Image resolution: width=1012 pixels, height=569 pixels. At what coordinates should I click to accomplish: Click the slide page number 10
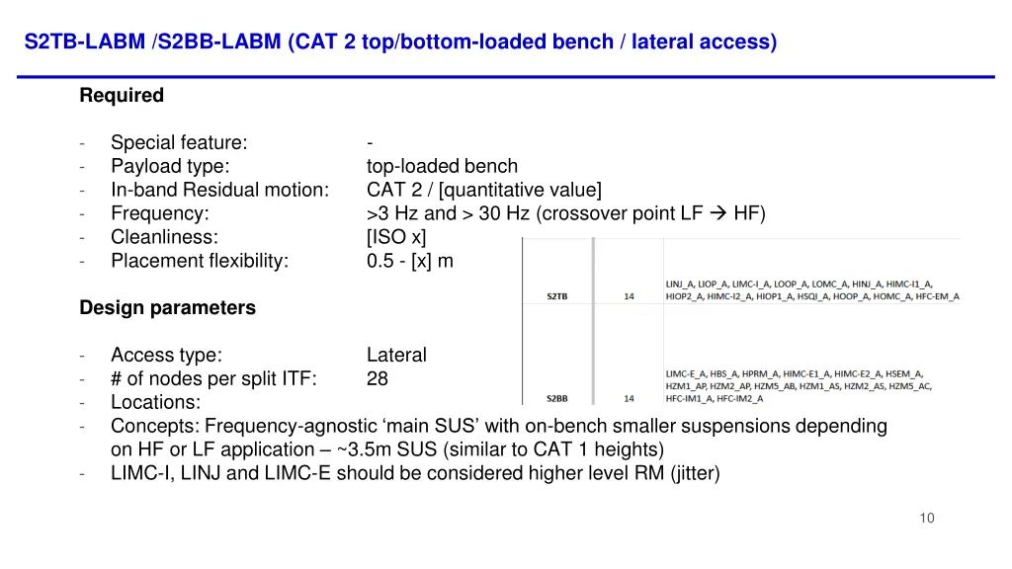926,519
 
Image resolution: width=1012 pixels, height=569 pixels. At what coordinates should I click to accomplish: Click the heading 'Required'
122,96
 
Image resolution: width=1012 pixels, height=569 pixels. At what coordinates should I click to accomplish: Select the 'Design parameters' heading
167,308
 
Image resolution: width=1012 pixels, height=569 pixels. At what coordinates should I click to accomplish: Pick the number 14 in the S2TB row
629,296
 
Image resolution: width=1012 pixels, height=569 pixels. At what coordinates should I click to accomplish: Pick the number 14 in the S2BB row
629,399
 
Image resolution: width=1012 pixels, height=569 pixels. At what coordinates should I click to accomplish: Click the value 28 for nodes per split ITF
378,379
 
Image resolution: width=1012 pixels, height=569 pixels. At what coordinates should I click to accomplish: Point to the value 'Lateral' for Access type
396,356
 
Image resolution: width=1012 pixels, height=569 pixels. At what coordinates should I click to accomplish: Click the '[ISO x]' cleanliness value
395,237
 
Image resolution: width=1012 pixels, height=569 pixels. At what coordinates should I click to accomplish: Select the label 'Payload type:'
170,166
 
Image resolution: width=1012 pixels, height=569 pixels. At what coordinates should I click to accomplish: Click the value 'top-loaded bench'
442,166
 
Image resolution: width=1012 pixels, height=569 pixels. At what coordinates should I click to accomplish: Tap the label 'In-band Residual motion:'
219,190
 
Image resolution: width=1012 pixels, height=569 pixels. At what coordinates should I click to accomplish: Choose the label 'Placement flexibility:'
200,261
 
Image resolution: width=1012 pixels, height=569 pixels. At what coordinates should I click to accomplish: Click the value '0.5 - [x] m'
409,261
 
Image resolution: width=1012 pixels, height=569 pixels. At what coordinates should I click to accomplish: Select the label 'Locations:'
155,403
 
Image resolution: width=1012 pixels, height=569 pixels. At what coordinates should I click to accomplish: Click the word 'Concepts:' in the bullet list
155,427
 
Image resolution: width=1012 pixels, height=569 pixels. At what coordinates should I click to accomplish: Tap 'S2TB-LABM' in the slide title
85,41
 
